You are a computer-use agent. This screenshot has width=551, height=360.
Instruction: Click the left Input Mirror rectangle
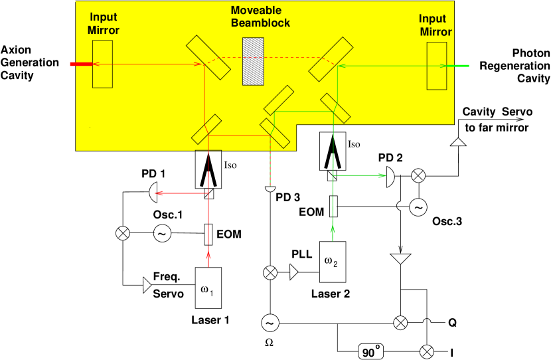(102, 64)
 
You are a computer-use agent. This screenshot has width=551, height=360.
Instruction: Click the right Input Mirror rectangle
(437, 66)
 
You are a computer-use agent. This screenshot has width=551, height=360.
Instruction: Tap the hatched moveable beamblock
(253, 61)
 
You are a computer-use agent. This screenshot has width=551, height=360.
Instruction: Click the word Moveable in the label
(256, 10)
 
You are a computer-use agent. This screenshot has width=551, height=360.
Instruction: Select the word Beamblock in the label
(261, 23)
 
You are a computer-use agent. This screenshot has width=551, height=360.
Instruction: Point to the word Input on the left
(103, 17)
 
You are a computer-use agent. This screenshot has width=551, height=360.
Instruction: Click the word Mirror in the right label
(436, 32)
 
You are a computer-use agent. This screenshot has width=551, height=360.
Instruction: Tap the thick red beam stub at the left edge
(81, 64)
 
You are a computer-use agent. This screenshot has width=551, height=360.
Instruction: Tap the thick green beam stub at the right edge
(458, 66)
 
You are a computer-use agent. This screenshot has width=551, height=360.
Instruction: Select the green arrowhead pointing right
(382, 175)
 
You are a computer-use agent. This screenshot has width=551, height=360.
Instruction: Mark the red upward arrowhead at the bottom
(208, 254)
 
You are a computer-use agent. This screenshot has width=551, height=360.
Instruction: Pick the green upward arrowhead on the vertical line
(333, 229)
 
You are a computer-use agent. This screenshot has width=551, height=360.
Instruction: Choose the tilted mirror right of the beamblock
(331, 58)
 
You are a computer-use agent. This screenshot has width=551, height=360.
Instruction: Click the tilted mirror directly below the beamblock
(279, 100)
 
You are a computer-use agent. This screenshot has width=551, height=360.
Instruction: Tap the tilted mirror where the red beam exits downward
(206, 130)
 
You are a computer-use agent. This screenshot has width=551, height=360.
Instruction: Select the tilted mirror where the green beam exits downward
(335, 108)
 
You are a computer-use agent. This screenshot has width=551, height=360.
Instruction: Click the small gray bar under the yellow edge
(208, 150)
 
